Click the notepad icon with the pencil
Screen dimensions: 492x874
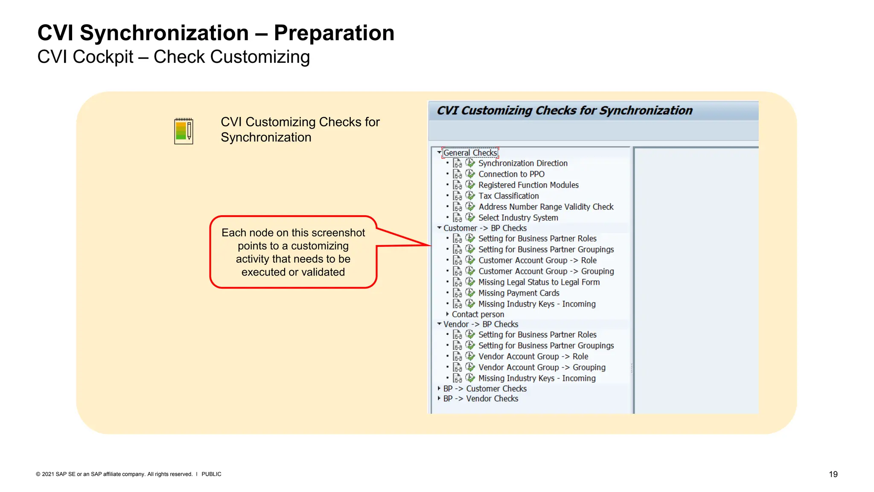[x=184, y=131]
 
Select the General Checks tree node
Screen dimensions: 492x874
[x=470, y=153]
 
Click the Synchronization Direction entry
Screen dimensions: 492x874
[x=522, y=163]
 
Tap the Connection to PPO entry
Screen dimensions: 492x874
[x=511, y=174]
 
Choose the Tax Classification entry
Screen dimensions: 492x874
[x=508, y=196]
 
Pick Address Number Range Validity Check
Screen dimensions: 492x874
[x=545, y=207]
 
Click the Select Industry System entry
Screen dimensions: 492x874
[x=518, y=218]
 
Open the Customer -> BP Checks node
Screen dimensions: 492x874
[x=484, y=228]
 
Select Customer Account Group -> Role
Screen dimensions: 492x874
[x=537, y=261]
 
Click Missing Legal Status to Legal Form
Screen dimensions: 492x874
[x=539, y=282]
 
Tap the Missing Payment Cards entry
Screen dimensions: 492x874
[x=519, y=293]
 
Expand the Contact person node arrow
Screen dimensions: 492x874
[x=447, y=314]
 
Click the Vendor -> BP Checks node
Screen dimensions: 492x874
[x=480, y=324]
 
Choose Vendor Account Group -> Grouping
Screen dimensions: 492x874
[x=542, y=367]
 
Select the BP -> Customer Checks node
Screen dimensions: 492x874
[x=484, y=389]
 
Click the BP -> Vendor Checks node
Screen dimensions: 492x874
[x=480, y=398]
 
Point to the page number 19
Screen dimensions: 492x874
[x=833, y=474]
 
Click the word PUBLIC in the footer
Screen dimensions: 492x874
[x=211, y=474]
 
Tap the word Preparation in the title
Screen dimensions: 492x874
[x=334, y=33]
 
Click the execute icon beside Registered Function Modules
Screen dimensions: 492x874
[x=470, y=184]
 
